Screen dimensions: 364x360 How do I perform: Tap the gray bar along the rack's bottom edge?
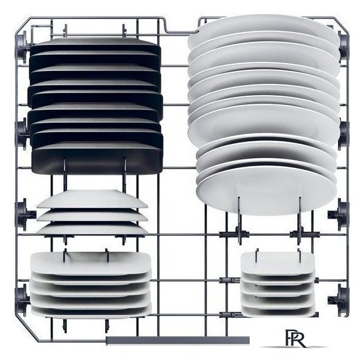point(177,340)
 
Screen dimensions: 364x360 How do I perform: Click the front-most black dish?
point(97,160)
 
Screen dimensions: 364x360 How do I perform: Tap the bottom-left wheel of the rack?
point(22,301)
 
